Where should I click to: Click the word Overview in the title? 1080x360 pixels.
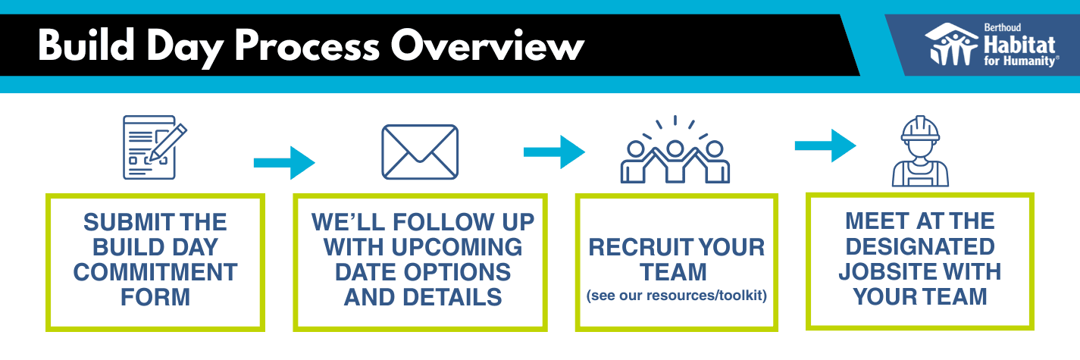487,47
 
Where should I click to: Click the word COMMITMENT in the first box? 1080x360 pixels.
155,271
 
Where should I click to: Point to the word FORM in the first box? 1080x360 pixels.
155,296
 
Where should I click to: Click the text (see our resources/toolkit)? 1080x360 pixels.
677,296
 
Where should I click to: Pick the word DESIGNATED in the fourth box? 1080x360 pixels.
919,246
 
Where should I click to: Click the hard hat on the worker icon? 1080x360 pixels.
920,128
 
